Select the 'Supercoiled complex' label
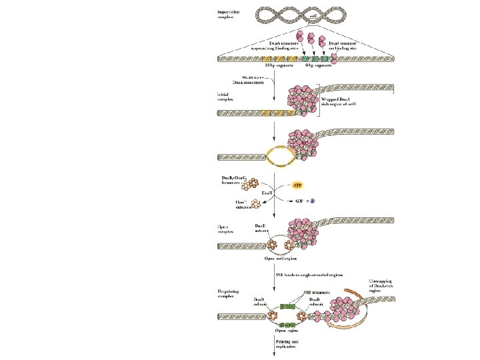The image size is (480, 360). click(231, 14)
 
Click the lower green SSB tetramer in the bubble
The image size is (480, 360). click(287, 324)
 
